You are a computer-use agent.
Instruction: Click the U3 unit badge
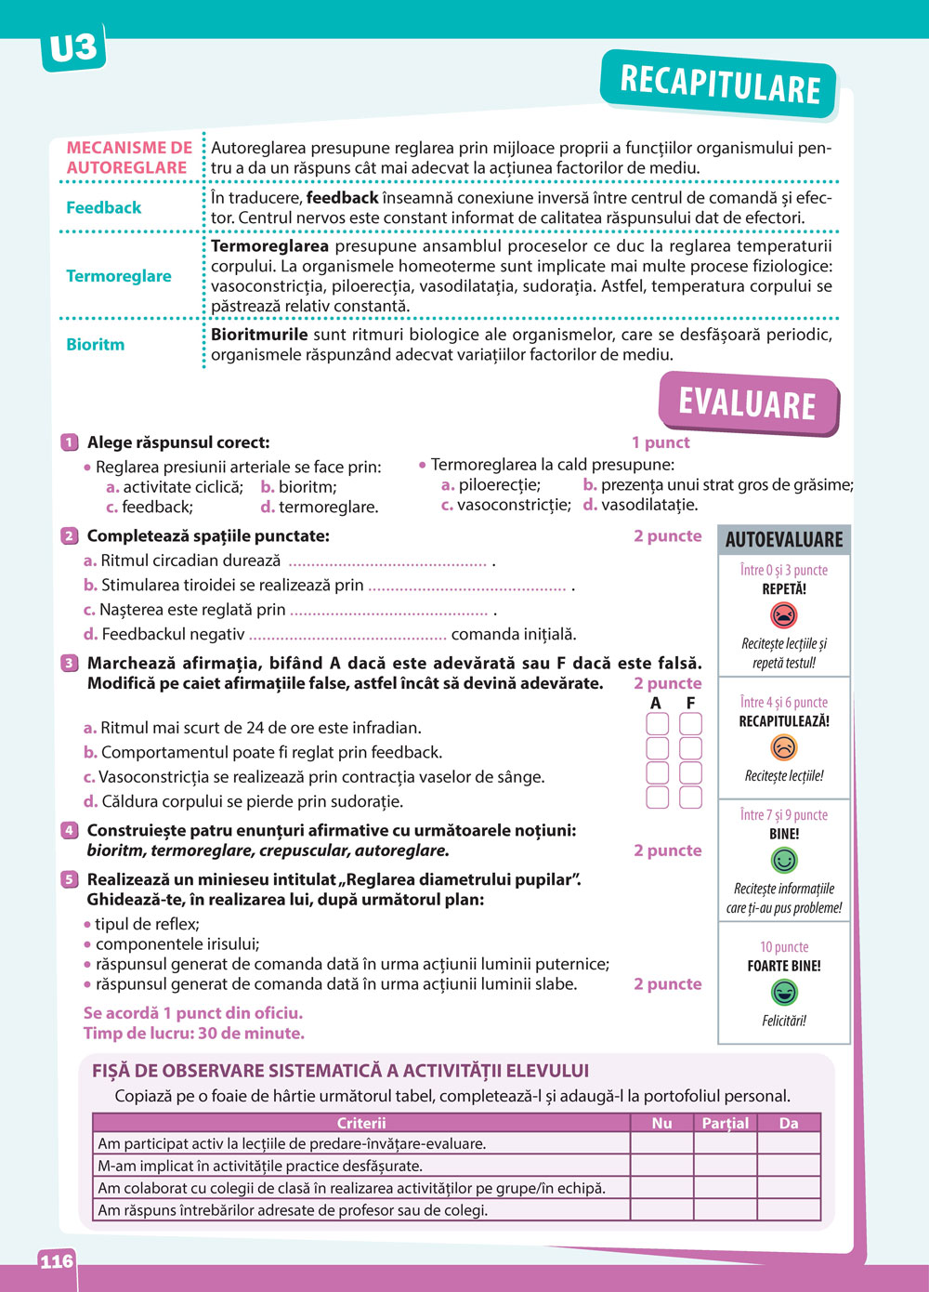pyautogui.click(x=72, y=47)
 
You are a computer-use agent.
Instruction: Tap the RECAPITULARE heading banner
pyautogui.click(x=720, y=85)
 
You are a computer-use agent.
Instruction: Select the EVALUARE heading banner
pyautogui.click(x=747, y=404)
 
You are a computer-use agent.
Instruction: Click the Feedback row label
pyautogui.click(x=104, y=207)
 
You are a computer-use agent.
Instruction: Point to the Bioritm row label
pyautogui.click(x=95, y=344)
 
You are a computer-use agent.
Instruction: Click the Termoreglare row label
pyautogui.click(x=119, y=276)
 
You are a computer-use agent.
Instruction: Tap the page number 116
pyautogui.click(x=56, y=1261)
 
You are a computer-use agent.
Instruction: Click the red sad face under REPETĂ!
pyautogui.click(x=784, y=615)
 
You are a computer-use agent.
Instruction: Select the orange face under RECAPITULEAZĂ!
pyautogui.click(x=784, y=747)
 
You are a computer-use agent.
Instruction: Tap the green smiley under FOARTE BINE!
pyautogui.click(x=784, y=993)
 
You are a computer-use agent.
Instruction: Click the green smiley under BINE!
pyautogui.click(x=784, y=860)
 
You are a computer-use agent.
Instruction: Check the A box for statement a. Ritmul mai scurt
pyautogui.click(x=657, y=724)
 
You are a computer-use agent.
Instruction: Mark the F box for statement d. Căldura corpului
pyautogui.click(x=690, y=798)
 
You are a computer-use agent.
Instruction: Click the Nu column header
pyautogui.click(x=661, y=1123)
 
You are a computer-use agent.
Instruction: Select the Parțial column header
pyautogui.click(x=725, y=1123)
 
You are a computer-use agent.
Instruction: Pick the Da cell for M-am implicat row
pyautogui.click(x=789, y=1166)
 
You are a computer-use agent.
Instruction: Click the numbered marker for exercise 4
pyautogui.click(x=69, y=830)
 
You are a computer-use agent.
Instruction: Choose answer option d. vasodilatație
pyautogui.click(x=640, y=506)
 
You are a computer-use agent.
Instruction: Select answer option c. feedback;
pyautogui.click(x=150, y=508)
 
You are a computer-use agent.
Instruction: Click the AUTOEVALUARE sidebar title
pyautogui.click(x=784, y=539)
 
